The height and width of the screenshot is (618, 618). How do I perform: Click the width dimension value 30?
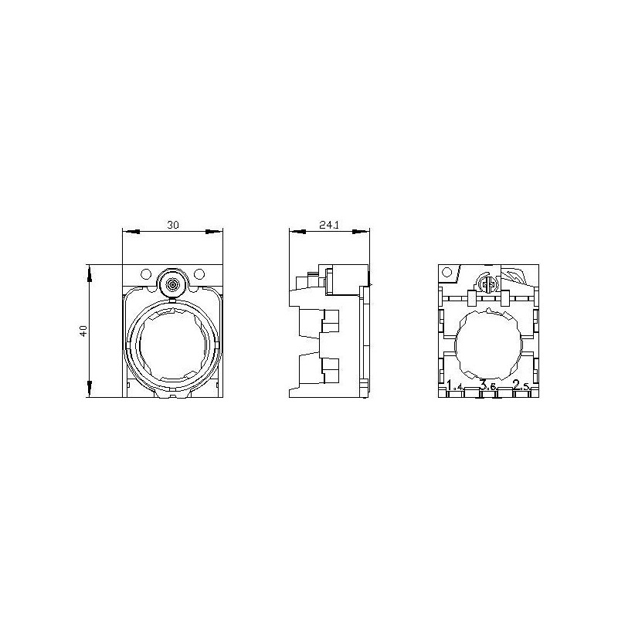click(x=173, y=224)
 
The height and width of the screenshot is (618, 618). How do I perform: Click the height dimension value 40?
click(x=83, y=331)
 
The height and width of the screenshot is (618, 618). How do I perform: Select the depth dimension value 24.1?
click(x=328, y=224)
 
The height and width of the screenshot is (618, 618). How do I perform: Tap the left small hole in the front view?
click(x=145, y=273)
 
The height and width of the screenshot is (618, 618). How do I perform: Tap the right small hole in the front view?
click(x=199, y=273)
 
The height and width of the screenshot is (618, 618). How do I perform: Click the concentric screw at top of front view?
click(x=172, y=284)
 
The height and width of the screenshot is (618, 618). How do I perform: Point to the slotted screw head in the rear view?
click(x=487, y=284)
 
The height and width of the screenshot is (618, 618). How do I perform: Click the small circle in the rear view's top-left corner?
click(x=447, y=273)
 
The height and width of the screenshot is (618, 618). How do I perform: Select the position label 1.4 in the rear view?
click(x=456, y=385)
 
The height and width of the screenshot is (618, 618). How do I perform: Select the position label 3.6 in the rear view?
click(x=487, y=385)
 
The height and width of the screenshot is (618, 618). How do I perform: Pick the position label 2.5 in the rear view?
click(x=521, y=385)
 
